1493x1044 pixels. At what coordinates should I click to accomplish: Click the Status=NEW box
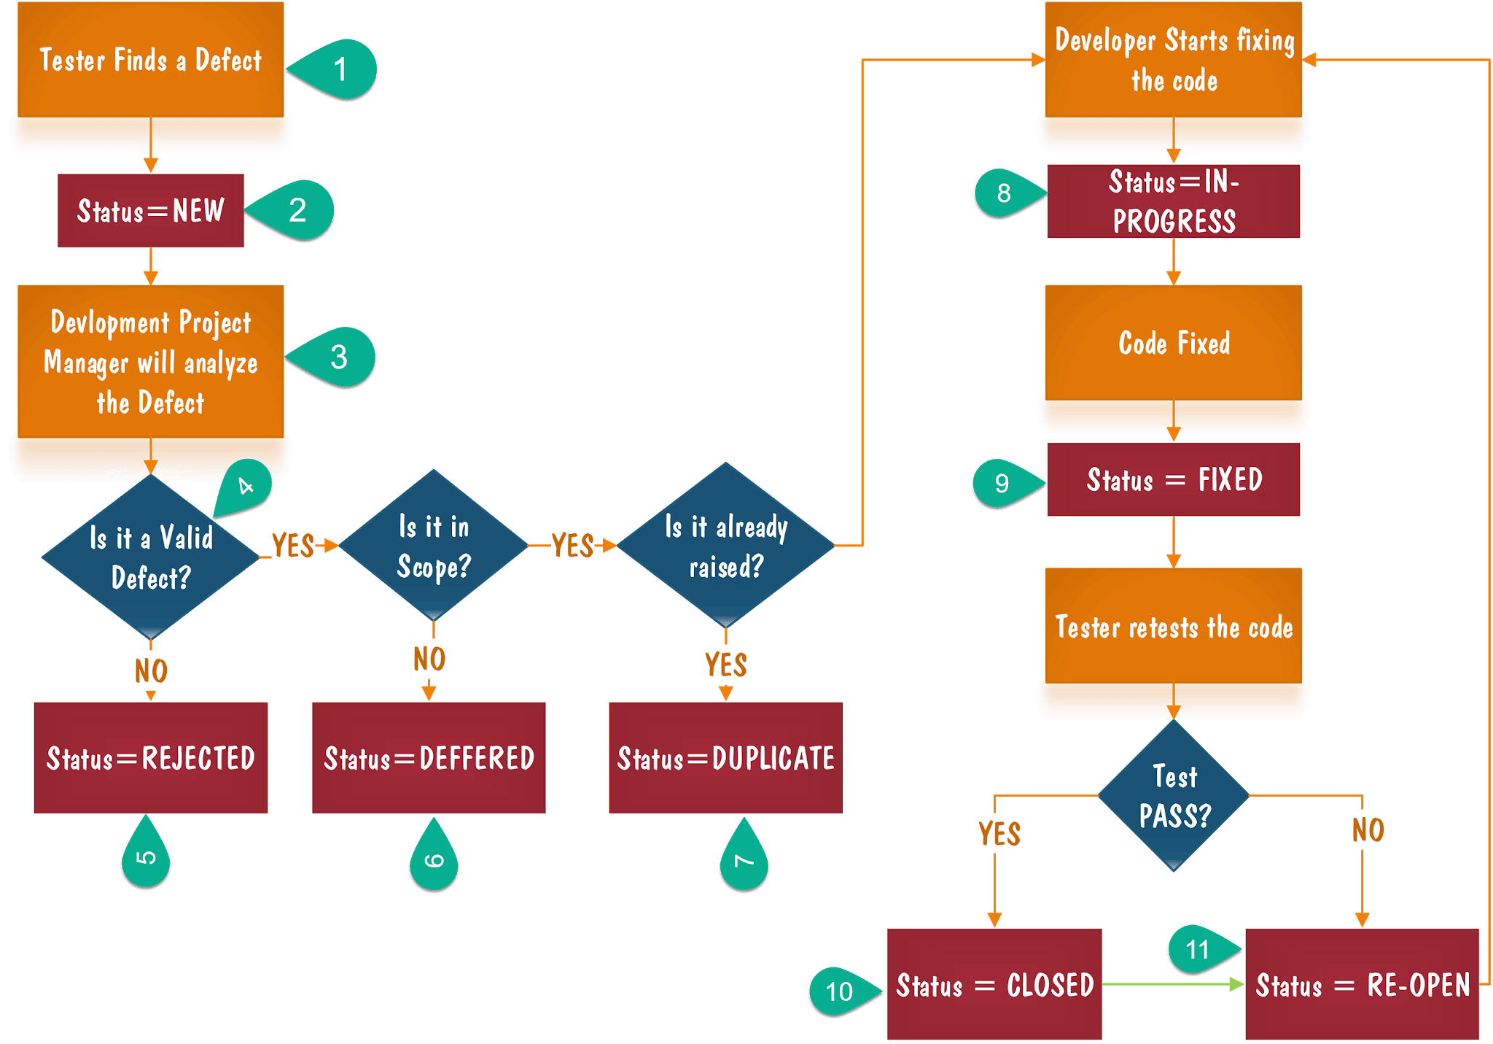150,211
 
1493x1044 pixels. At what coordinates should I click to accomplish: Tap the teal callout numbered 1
336,70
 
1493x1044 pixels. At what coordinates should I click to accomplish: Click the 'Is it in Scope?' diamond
434,546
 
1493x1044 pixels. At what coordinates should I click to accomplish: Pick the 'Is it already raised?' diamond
725,546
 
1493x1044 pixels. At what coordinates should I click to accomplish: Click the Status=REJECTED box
150,758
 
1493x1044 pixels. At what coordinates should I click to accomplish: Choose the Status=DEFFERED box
429,758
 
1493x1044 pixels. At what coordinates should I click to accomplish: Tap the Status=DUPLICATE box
725,758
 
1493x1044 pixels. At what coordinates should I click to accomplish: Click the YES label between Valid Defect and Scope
293,545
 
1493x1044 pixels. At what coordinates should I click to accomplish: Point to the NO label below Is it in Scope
429,659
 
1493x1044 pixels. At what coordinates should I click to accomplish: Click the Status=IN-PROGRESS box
1173,201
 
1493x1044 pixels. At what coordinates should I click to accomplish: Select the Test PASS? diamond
1174,796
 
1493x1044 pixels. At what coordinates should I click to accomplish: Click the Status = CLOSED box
994,985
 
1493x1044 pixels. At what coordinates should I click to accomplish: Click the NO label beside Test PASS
1367,830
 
